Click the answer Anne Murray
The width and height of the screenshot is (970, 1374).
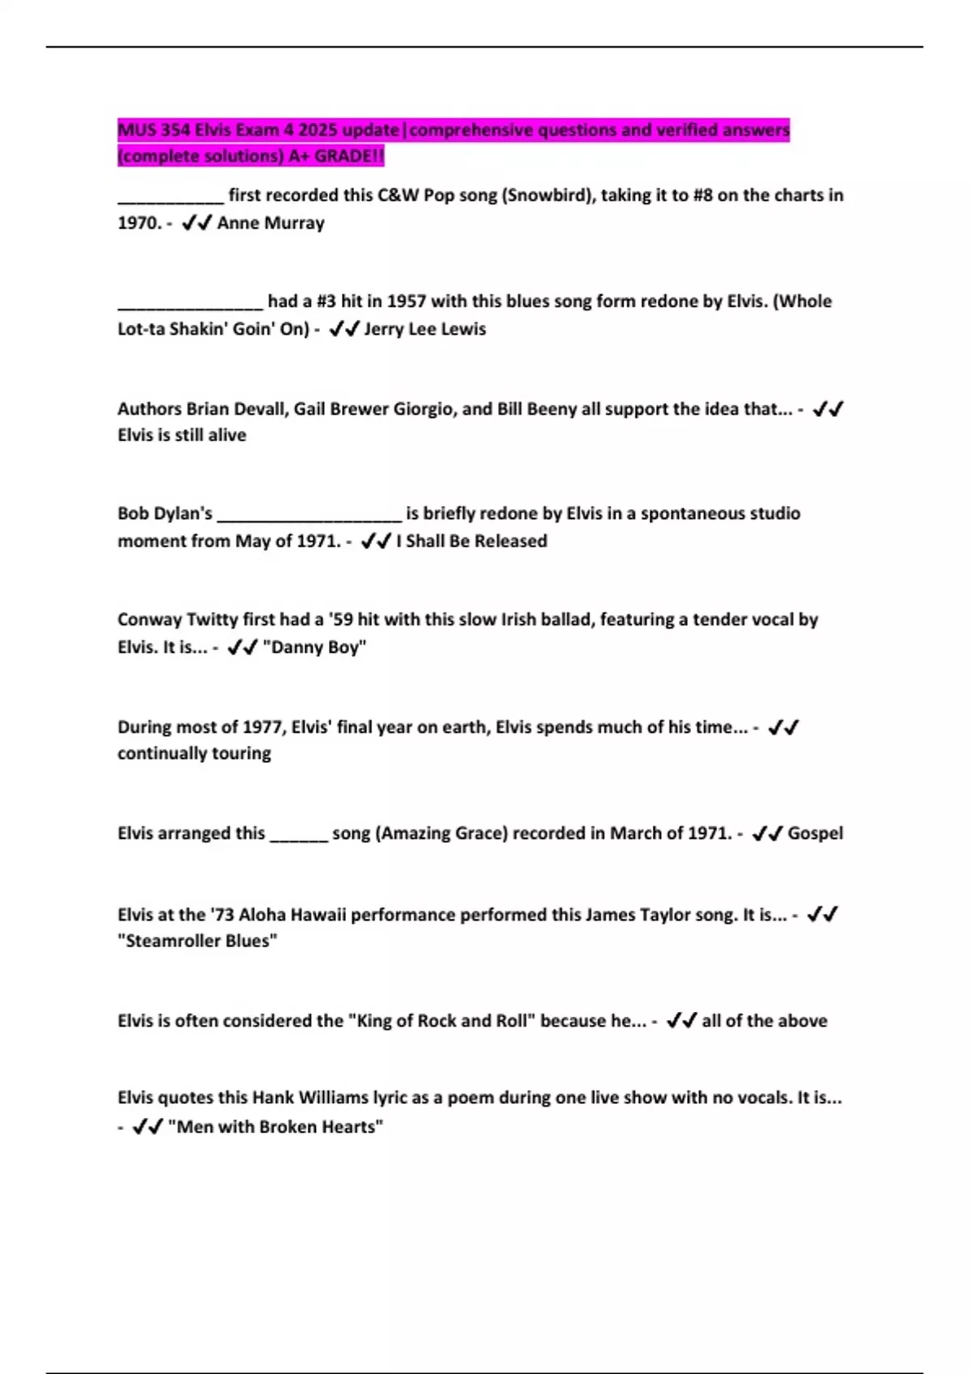click(x=271, y=223)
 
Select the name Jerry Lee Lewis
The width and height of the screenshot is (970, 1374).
click(x=425, y=329)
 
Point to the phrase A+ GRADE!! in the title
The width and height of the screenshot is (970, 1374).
click(x=336, y=156)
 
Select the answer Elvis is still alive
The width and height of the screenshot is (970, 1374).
click(x=182, y=435)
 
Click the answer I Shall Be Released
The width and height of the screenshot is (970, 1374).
click(x=471, y=541)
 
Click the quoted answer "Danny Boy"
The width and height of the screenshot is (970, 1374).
click(x=314, y=647)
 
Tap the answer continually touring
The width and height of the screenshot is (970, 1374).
click(x=194, y=753)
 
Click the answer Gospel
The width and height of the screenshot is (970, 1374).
click(x=815, y=833)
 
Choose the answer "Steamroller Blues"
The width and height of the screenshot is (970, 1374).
click(x=197, y=941)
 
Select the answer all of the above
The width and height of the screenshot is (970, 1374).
click(x=764, y=1021)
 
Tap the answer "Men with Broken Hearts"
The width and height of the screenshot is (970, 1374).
click(x=275, y=1127)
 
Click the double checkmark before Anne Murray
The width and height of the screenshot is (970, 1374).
click(x=196, y=223)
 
